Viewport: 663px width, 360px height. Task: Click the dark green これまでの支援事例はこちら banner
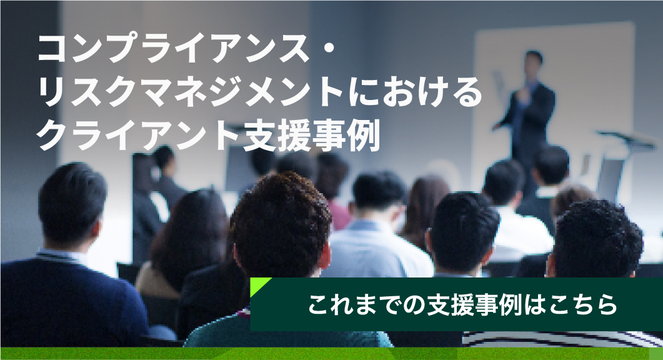tap(456, 304)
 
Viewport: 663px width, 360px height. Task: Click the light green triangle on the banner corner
tap(259, 286)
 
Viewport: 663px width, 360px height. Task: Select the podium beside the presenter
tap(622, 165)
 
